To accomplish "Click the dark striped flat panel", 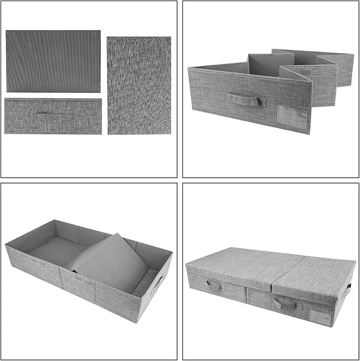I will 53,61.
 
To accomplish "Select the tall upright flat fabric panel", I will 139,85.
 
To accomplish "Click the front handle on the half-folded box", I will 245,99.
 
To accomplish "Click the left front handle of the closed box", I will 215,287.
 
